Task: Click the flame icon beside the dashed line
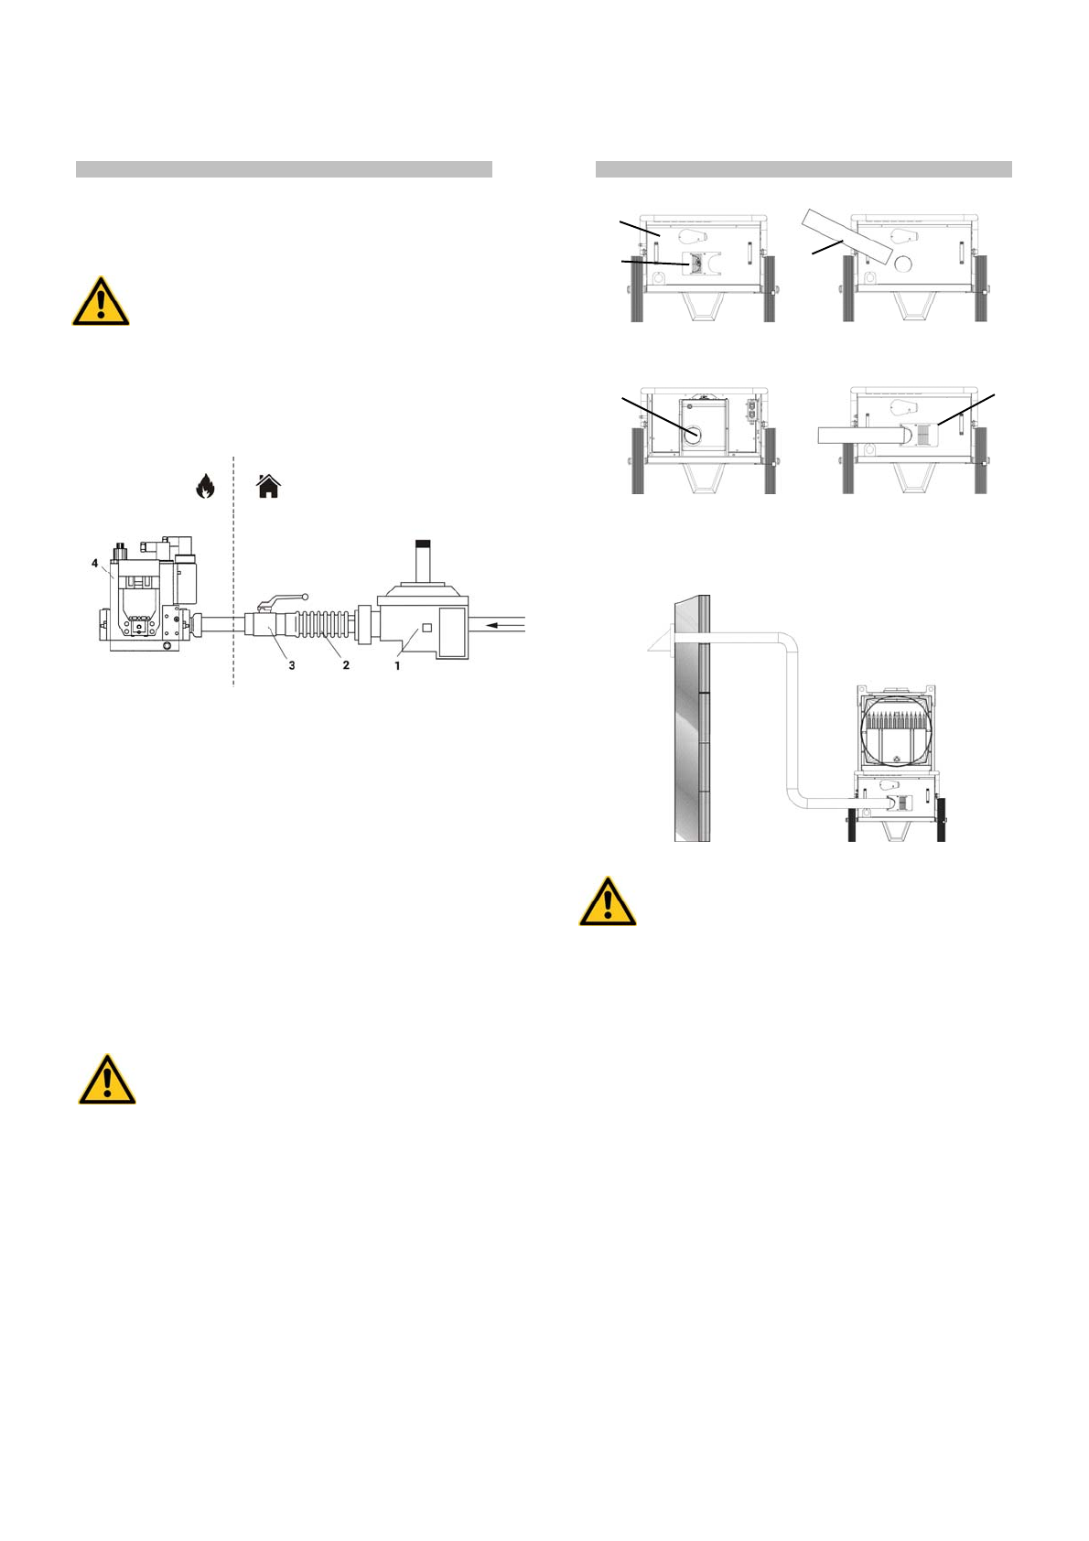(205, 487)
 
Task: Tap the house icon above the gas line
(268, 487)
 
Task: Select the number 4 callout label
(95, 564)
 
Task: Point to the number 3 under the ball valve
(292, 666)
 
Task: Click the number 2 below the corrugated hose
(346, 666)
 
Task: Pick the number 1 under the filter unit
(397, 666)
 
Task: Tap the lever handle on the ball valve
(284, 599)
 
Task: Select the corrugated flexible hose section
(320, 626)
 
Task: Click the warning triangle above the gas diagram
(101, 302)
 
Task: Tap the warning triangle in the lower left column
(107, 1081)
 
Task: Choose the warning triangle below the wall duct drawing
(608, 903)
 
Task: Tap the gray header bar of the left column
(284, 169)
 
